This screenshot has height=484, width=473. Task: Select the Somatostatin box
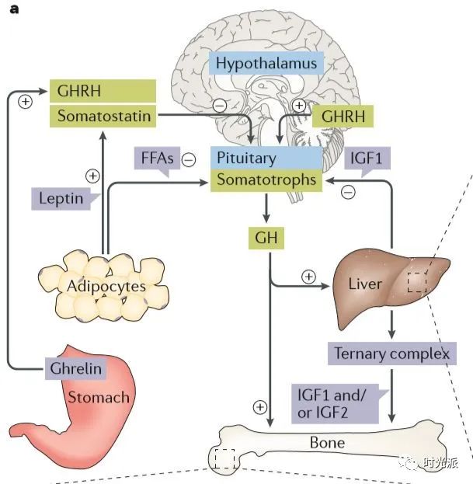pos(103,117)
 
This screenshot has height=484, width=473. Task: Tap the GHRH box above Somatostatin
pos(103,92)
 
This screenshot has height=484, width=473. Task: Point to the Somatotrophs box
pos(266,179)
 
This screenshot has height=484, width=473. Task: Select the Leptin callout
pos(61,198)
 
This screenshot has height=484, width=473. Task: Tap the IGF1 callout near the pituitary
pos(364,158)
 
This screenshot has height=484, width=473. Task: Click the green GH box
pos(266,236)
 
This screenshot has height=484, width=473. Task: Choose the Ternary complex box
pos(391,353)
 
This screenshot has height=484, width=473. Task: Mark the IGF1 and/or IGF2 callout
pos(339,404)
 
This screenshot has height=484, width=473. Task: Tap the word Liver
pos(364,284)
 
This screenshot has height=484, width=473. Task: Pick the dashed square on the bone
pos(224,459)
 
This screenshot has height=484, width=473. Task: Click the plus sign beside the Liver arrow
pos(308,276)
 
